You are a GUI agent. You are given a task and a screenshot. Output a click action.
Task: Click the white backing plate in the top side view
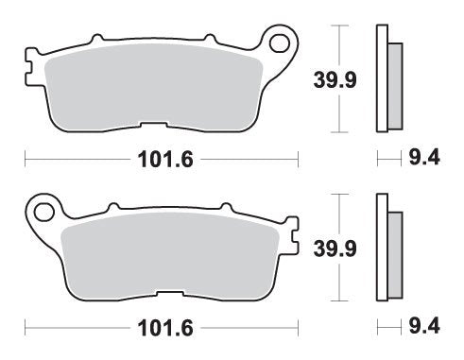(x=382, y=83)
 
